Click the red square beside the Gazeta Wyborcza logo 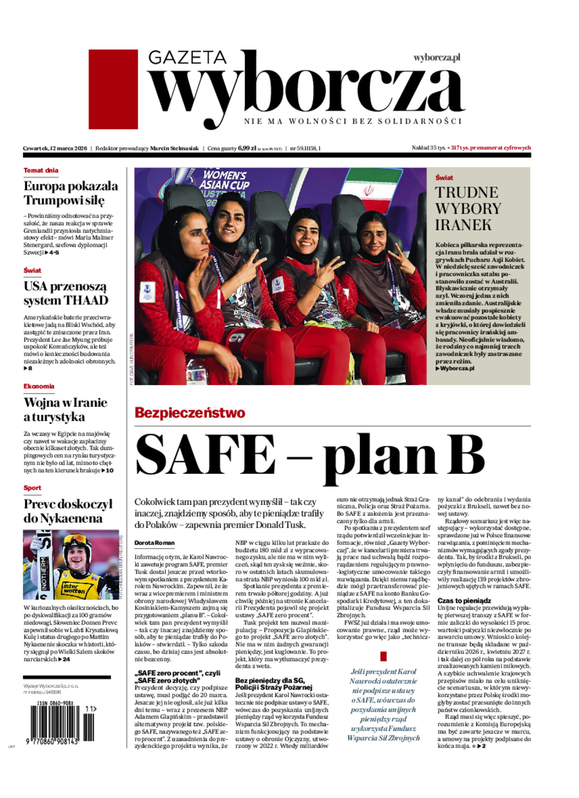(x=113, y=89)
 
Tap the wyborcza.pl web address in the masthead (x=437, y=58)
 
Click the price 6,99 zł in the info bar (x=247, y=148)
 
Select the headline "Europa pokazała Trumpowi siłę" (x=71, y=193)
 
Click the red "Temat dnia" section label (x=41, y=170)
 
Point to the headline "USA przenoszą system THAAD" (x=66, y=293)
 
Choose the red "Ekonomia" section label (x=39, y=386)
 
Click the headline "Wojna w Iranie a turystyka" (x=65, y=409)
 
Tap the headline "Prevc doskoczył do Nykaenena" (x=68, y=511)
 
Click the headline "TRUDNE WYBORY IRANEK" (x=468, y=209)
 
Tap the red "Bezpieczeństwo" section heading (x=190, y=413)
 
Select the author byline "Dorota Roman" (x=154, y=543)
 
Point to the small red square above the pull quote (x=383, y=656)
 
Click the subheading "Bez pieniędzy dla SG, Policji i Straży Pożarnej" (x=273, y=684)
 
